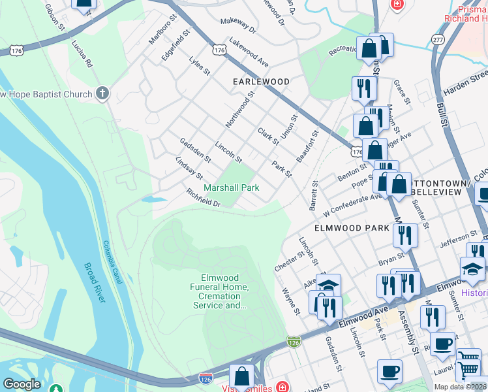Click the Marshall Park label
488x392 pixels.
pos(232,188)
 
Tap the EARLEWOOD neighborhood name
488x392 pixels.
pos(261,82)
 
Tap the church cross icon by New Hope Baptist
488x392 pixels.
pos(102,93)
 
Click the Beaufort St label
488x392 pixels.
pos(307,146)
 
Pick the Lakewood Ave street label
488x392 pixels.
pos(249,54)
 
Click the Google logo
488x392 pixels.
pos(22,384)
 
